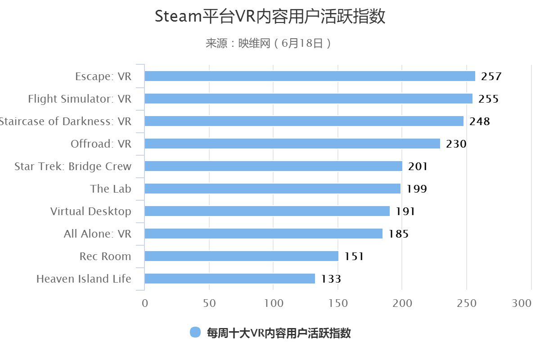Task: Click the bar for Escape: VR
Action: pos(310,76)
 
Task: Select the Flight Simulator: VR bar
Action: pos(308,99)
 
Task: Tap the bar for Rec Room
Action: pos(241,256)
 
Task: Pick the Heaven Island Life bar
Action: pos(229,279)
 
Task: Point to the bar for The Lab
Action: pos(272,189)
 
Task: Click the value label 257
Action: pos(491,76)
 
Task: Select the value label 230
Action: pos(456,144)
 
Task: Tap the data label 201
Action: pos(418,166)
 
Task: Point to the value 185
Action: pos(398,234)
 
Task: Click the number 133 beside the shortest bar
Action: pos(331,279)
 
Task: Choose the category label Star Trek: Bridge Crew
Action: pos(73,166)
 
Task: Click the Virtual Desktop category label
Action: pos(91,211)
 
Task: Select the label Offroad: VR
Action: pos(101,144)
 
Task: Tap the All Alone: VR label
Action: pos(98,234)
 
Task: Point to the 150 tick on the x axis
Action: pos(338,303)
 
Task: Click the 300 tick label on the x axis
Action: pos(522,303)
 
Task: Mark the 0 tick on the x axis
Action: pos(145,303)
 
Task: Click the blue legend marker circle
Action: pos(195,333)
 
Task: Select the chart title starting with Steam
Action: pos(270,17)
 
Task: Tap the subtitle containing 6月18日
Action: pos(269,43)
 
